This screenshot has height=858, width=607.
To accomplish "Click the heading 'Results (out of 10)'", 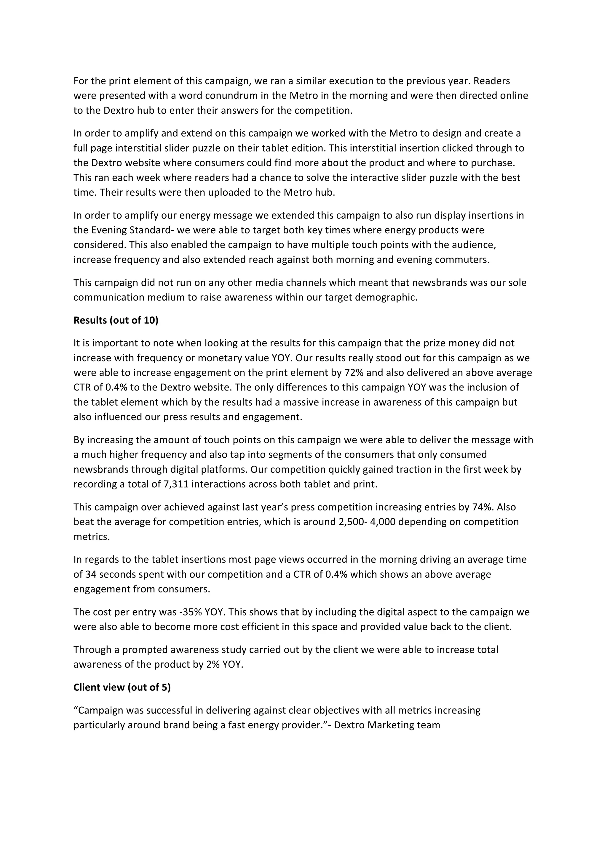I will [116, 320].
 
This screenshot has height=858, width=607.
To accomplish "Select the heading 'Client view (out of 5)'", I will [122, 687].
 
